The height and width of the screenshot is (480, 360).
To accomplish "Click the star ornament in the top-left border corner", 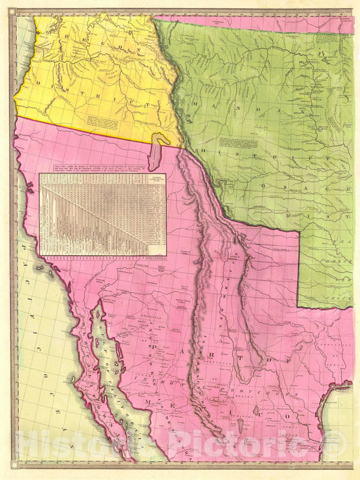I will [11, 12].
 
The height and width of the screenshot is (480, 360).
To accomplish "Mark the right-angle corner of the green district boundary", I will [299, 231].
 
